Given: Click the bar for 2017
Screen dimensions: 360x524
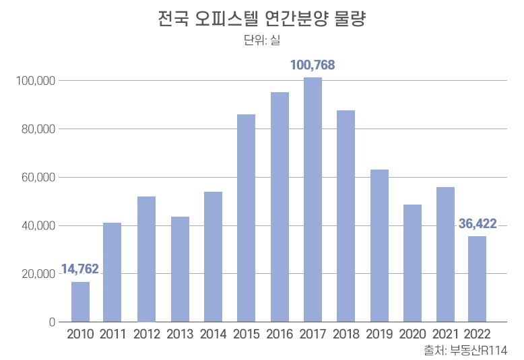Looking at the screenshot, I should pyautogui.click(x=313, y=200).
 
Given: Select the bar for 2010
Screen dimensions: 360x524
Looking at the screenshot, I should pyautogui.click(x=80, y=301).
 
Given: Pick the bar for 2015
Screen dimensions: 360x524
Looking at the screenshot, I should pyautogui.click(x=246, y=218).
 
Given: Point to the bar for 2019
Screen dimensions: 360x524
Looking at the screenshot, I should pyautogui.click(x=379, y=246).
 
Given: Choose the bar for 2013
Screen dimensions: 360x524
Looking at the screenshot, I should pyautogui.click(x=180, y=269).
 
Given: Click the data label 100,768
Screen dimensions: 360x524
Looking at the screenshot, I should pyautogui.click(x=313, y=65).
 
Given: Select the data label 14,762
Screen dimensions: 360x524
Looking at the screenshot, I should pyautogui.click(x=80, y=269).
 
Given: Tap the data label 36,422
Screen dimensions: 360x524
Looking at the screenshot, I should pyautogui.click(x=478, y=223).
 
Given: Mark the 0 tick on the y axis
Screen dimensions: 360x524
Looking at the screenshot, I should pyautogui.click(x=52, y=322).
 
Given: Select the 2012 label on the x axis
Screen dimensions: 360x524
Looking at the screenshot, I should pyautogui.click(x=147, y=334).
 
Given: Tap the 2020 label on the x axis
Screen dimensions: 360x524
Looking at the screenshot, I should pyautogui.click(x=412, y=334).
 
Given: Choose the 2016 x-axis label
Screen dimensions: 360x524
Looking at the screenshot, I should pyautogui.click(x=280, y=334).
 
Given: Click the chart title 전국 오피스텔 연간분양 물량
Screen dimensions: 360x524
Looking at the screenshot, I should pyautogui.click(x=261, y=18).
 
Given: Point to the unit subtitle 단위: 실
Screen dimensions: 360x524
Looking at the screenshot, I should pyautogui.click(x=261, y=40).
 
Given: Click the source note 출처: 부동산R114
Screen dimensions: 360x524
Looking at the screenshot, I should pyautogui.click(x=465, y=351).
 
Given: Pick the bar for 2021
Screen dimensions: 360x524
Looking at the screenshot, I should pyautogui.click(x=445, y=254).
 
